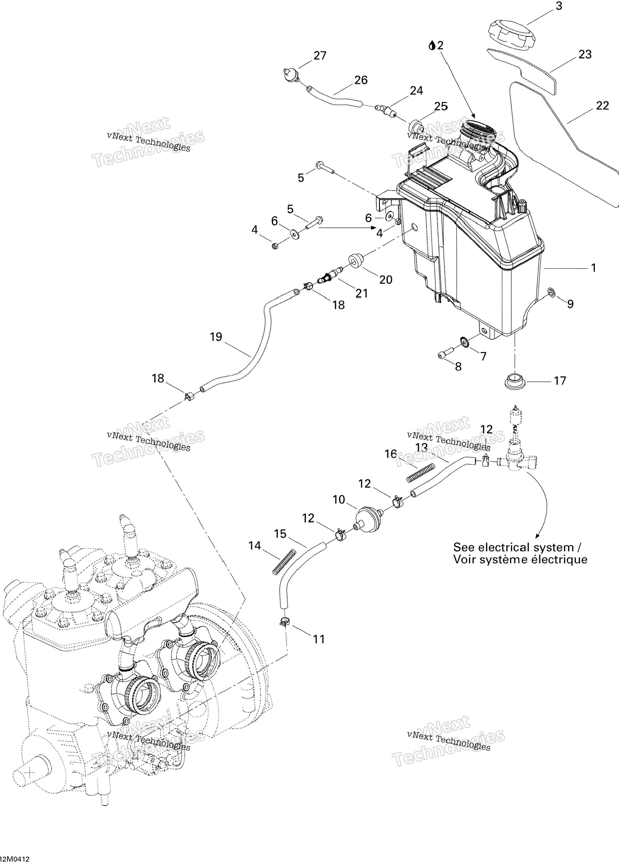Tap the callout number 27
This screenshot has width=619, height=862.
pos(320,56)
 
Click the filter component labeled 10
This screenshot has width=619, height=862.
pos(368,519)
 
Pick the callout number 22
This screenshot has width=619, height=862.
pos(602,106)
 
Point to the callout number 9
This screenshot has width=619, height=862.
pos(570,304)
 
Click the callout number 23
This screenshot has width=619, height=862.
pos(585,55)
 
